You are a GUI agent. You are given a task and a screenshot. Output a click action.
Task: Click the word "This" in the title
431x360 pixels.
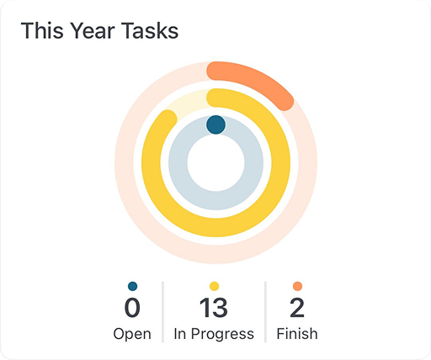tap(42, 30)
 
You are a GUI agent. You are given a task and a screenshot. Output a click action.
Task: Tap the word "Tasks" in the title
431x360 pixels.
tap(150, 30)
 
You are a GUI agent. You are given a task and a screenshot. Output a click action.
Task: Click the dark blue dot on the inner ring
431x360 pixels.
tap(215, 124)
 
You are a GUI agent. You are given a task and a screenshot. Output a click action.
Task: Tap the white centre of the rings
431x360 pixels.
tap(215, 163)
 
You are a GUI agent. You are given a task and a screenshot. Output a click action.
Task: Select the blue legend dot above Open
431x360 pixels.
tap(132, 286)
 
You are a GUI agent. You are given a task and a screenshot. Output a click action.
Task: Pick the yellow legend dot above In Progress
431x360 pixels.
tap(214, 286)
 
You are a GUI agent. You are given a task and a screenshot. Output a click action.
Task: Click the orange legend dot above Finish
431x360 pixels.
tap(297, 286)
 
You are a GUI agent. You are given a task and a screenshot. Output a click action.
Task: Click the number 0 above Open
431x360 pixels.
tap(132, 308)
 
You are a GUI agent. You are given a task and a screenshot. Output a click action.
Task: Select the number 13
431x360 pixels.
tap(214, 308)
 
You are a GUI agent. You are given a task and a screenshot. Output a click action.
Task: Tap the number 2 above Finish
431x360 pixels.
tap(297, 308)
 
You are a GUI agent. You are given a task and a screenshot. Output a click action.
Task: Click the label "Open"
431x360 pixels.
tap(132, 334)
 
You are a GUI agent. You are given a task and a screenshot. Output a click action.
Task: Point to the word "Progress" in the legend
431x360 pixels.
tap(222, 334)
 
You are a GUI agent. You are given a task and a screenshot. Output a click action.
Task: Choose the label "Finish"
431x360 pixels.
tap(297, 334)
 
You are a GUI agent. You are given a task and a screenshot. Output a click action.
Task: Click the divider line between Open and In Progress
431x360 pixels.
tap(162, 312)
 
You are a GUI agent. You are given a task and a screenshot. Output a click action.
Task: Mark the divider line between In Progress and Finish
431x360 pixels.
tap(265, 312)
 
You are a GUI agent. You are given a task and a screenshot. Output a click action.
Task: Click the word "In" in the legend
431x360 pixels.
tap(180, 334)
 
